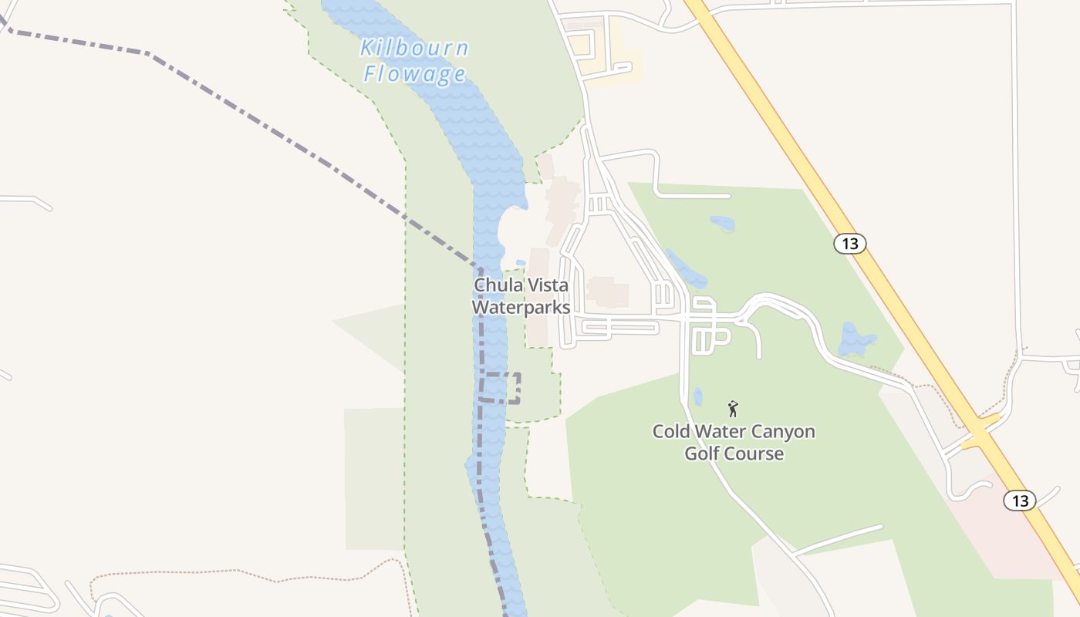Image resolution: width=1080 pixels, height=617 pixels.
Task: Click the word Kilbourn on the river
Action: coord(414,49)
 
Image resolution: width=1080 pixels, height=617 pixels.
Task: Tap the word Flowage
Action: coord(415,74)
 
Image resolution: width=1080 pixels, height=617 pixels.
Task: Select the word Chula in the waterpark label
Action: coord(498,285)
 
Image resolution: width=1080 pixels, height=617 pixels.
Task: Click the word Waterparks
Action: coord(521,307)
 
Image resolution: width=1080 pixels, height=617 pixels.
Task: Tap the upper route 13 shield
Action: coord(849,244)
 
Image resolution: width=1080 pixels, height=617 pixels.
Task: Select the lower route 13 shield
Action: coord(1020,501)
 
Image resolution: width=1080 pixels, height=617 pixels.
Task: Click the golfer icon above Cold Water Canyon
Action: coord(733,409)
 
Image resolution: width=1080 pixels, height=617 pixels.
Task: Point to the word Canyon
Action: coord(781,431)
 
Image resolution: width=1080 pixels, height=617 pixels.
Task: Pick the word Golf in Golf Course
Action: coord(701,453)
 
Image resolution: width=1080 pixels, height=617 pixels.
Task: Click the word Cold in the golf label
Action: coord(671,431)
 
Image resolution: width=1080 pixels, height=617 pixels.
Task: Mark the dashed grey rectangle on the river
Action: coord(501,388)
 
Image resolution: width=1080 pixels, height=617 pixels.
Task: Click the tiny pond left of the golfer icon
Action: coord(698,396)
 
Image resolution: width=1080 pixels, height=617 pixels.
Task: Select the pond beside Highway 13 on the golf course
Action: coord(856,339)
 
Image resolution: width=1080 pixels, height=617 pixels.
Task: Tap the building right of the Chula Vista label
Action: coord(608,292)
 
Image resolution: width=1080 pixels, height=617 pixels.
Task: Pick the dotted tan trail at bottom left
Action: coord(231,572)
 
